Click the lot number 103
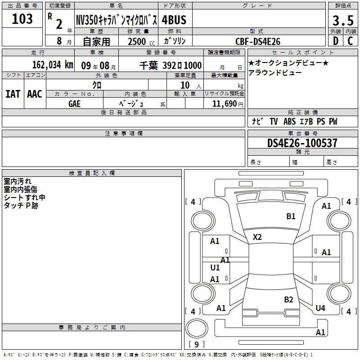click(x=22, y=19)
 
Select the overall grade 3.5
click(x=343, y=20)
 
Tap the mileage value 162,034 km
click(x=53, y=65)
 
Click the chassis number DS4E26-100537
click(x=302, y=143)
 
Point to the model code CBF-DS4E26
click(x=258, y=41)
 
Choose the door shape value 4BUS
click(x=174, y=20)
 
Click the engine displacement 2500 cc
click(x=141, y=41)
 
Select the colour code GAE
click(x=74, y=104)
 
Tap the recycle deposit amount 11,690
click(x=225, y=104)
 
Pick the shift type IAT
click(x=13, y=94)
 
